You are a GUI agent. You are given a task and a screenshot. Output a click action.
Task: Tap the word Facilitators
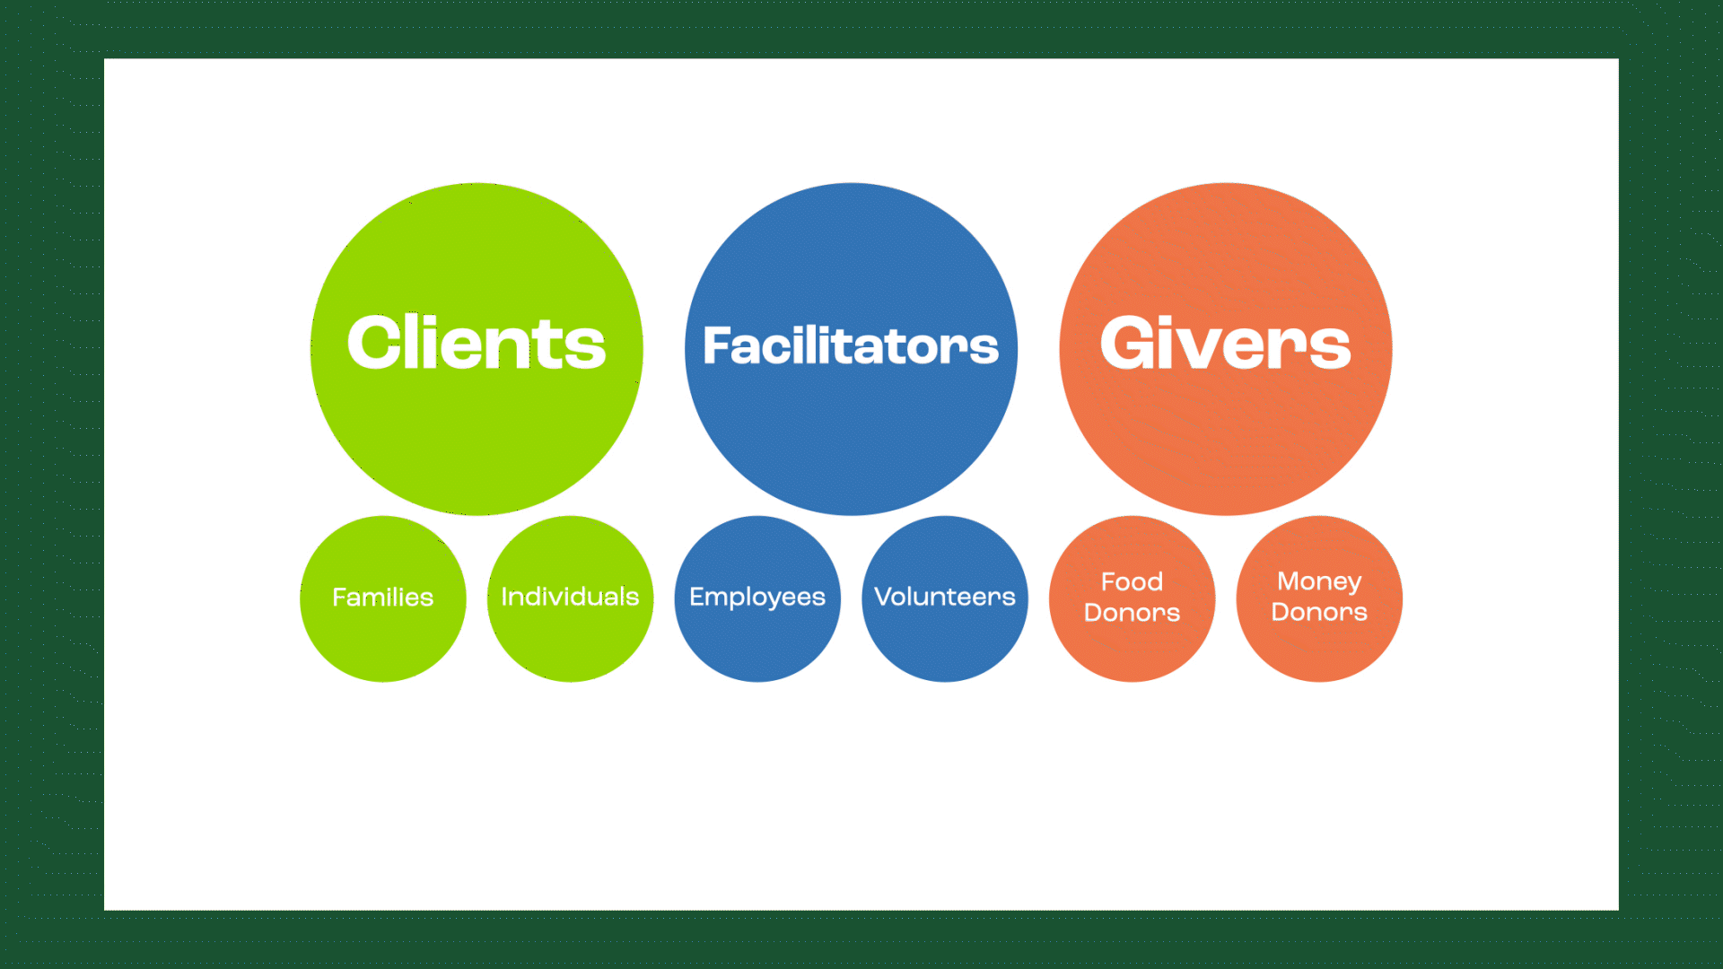(851, 345)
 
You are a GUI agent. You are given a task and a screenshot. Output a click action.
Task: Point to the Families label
(383, 598)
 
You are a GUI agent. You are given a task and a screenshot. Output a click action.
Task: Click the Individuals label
(570, 597)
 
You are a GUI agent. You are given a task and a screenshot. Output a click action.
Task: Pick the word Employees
(757, 598)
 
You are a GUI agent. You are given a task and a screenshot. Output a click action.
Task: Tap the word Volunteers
(945, 597)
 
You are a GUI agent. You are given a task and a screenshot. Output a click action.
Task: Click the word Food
(1133, 581)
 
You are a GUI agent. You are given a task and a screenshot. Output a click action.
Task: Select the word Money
(1319, 582)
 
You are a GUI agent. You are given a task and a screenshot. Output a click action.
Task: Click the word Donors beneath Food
(1133, 613)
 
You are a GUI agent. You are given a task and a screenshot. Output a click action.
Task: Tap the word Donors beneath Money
(1319, 612)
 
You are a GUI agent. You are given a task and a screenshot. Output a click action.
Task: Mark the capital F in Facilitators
(716, 346)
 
